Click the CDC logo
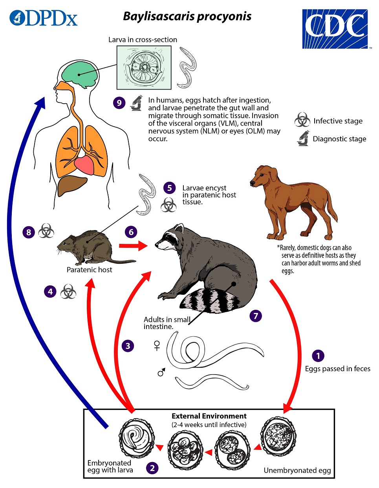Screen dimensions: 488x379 (x=335, y=29)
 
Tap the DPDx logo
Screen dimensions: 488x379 (x=44, y=18)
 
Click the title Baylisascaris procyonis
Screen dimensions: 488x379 (x=187, y=16)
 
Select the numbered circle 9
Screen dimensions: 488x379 (x=119, y=103)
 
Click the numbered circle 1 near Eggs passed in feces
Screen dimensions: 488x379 (x=318, y=356)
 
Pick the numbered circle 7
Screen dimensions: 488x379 (x=256, y=316)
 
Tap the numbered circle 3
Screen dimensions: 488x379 (x=128, y=346)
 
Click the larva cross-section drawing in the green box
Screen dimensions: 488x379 (x=144, y=67)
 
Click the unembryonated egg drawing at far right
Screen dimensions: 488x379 (x=278, y=437)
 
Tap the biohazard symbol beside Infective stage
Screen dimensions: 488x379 (x=302, y=120)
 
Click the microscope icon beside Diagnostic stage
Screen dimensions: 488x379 (x=303, y=138)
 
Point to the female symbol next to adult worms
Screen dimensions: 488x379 (x=157, y=345)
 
